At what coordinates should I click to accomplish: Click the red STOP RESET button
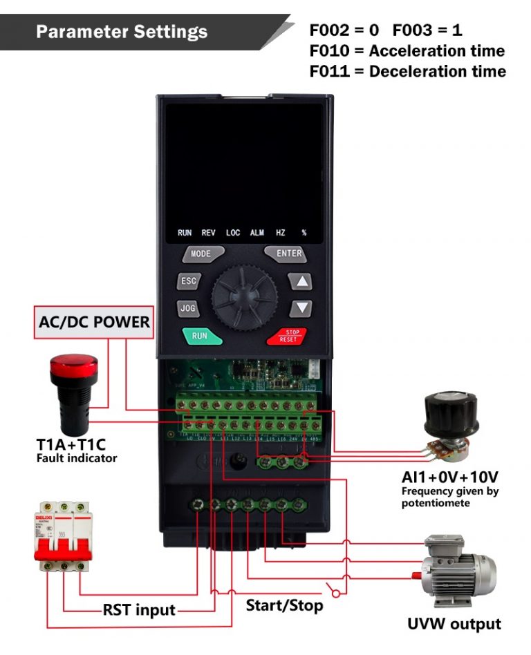(x=286, y=336)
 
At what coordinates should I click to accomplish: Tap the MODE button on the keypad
(x=202, y=254)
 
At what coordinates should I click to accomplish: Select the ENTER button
(x=286, y=254)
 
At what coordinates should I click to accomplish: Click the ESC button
(x=188, y=281)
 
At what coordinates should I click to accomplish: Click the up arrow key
(x=301, y=282)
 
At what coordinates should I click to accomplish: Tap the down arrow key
(x=301, y=308)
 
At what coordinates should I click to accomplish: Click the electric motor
(x=459, y=567)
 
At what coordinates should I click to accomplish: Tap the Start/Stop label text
(x=284, y=606)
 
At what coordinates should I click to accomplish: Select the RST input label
(x=138, y=610)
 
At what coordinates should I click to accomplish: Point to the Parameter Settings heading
(x=122, y=32)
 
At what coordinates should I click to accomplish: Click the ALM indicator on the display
(x=257, y=233)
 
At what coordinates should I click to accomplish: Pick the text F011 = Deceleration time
(x=407, y=72)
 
